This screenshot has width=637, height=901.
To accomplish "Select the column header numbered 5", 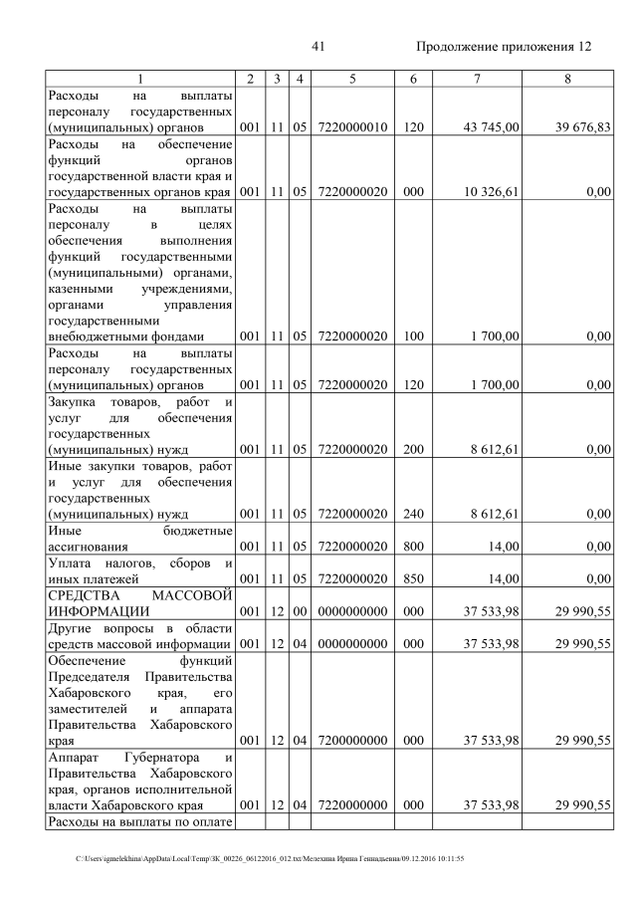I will click(x=352, y=79).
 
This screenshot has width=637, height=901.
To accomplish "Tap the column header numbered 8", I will click(x=566, y=79).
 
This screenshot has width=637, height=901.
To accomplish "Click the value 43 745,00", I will click(x=490, y=127).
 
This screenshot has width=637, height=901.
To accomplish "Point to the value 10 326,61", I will click(x=490, y=192).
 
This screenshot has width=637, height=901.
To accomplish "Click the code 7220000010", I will click(x=352, y=127).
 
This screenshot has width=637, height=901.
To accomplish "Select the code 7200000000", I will click(x=352, y=741).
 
